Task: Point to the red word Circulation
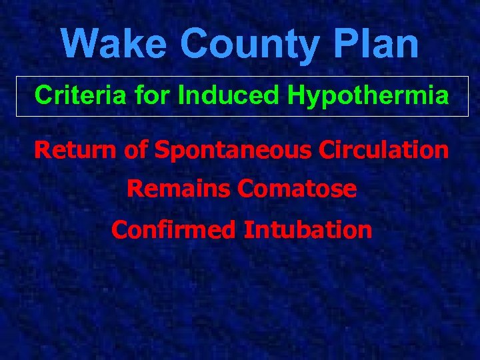384,150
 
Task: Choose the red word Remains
179,189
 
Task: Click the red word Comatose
297,189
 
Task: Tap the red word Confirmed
174,230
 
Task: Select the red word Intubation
307,230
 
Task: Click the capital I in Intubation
247,230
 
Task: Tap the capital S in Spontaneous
162,150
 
